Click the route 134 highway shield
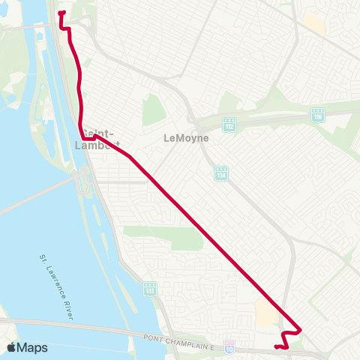tap(220, 173)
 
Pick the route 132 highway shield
tap(150, 288)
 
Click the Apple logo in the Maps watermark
tap(12, 347)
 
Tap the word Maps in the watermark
tap(32, 347)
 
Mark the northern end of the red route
tap(60, 13)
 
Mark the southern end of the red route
tap(276, 346)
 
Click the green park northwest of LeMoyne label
tap(153, 110)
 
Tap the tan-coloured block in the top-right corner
tap(315, 23)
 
